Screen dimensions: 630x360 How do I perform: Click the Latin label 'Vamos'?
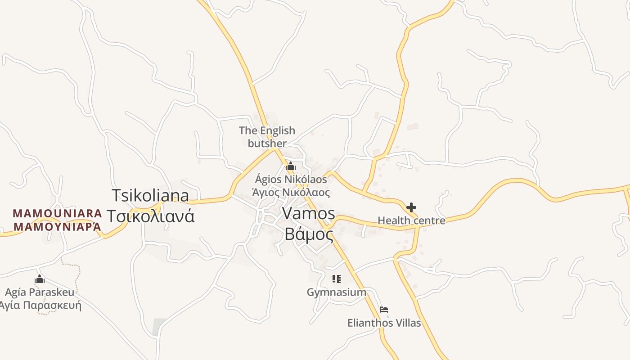(x=309, y=214)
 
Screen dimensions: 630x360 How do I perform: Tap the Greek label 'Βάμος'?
(x=309, y=234)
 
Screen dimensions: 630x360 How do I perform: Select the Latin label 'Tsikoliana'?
(x=150, y=195)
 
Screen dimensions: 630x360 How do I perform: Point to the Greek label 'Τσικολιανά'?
(x=150, y=216)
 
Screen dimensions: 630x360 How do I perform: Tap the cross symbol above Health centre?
(x=411, y=207)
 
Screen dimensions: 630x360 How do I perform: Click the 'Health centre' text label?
(x=411, y=220)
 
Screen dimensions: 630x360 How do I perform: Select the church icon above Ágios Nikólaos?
(x=291, y=166)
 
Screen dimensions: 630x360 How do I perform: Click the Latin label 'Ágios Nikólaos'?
(x=291, y=179)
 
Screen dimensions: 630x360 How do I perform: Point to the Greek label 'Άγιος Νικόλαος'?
(x=291, y=193)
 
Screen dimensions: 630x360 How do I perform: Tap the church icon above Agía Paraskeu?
(x=40, y=279)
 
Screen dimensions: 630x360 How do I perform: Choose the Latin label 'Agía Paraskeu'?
(x=40, y=292)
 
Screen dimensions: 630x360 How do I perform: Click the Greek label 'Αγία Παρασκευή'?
(x=40, y=306)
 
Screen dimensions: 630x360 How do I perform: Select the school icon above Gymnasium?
(x=336, y=279)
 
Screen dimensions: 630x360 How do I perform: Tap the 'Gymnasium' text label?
(x=336, y=292)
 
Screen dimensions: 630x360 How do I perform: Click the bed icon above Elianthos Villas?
(x=383, y=309)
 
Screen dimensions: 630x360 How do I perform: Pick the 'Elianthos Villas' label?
(x=384, y=323)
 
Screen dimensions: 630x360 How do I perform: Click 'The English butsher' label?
(x=267, y=137)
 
